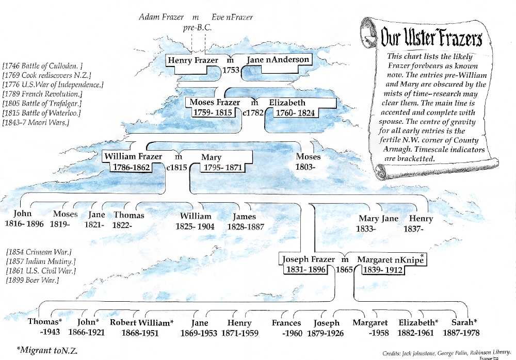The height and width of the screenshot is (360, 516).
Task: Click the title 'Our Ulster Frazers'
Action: point(431,37)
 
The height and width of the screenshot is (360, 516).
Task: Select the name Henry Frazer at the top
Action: point(193,60)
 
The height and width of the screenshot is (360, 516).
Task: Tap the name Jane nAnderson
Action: point(278,59)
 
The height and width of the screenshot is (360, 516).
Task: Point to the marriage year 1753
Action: point(231,70)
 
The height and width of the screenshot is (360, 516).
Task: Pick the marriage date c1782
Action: point(253,112)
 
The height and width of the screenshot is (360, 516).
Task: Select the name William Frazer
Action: point(133,156)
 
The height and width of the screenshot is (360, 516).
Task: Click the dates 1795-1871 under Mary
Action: point(222,167)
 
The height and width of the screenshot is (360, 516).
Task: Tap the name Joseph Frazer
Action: point(309,259)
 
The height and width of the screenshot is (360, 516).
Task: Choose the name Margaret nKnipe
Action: point(390,259)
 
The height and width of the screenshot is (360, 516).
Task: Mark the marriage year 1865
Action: point(344,270)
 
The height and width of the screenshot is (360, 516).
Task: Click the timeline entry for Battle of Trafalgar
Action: point(42,103)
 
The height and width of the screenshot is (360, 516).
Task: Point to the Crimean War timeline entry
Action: point(39,252)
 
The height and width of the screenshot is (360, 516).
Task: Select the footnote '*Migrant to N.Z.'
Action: point(47,350)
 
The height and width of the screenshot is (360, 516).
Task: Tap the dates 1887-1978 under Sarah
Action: point(461,333)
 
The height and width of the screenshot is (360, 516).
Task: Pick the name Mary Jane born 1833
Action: point(378,219)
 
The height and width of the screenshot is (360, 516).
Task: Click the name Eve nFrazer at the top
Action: point(232,17)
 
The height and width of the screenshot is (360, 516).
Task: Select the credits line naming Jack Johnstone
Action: point(446,353)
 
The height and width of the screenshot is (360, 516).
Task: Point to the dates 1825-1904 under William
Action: point(195,226)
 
